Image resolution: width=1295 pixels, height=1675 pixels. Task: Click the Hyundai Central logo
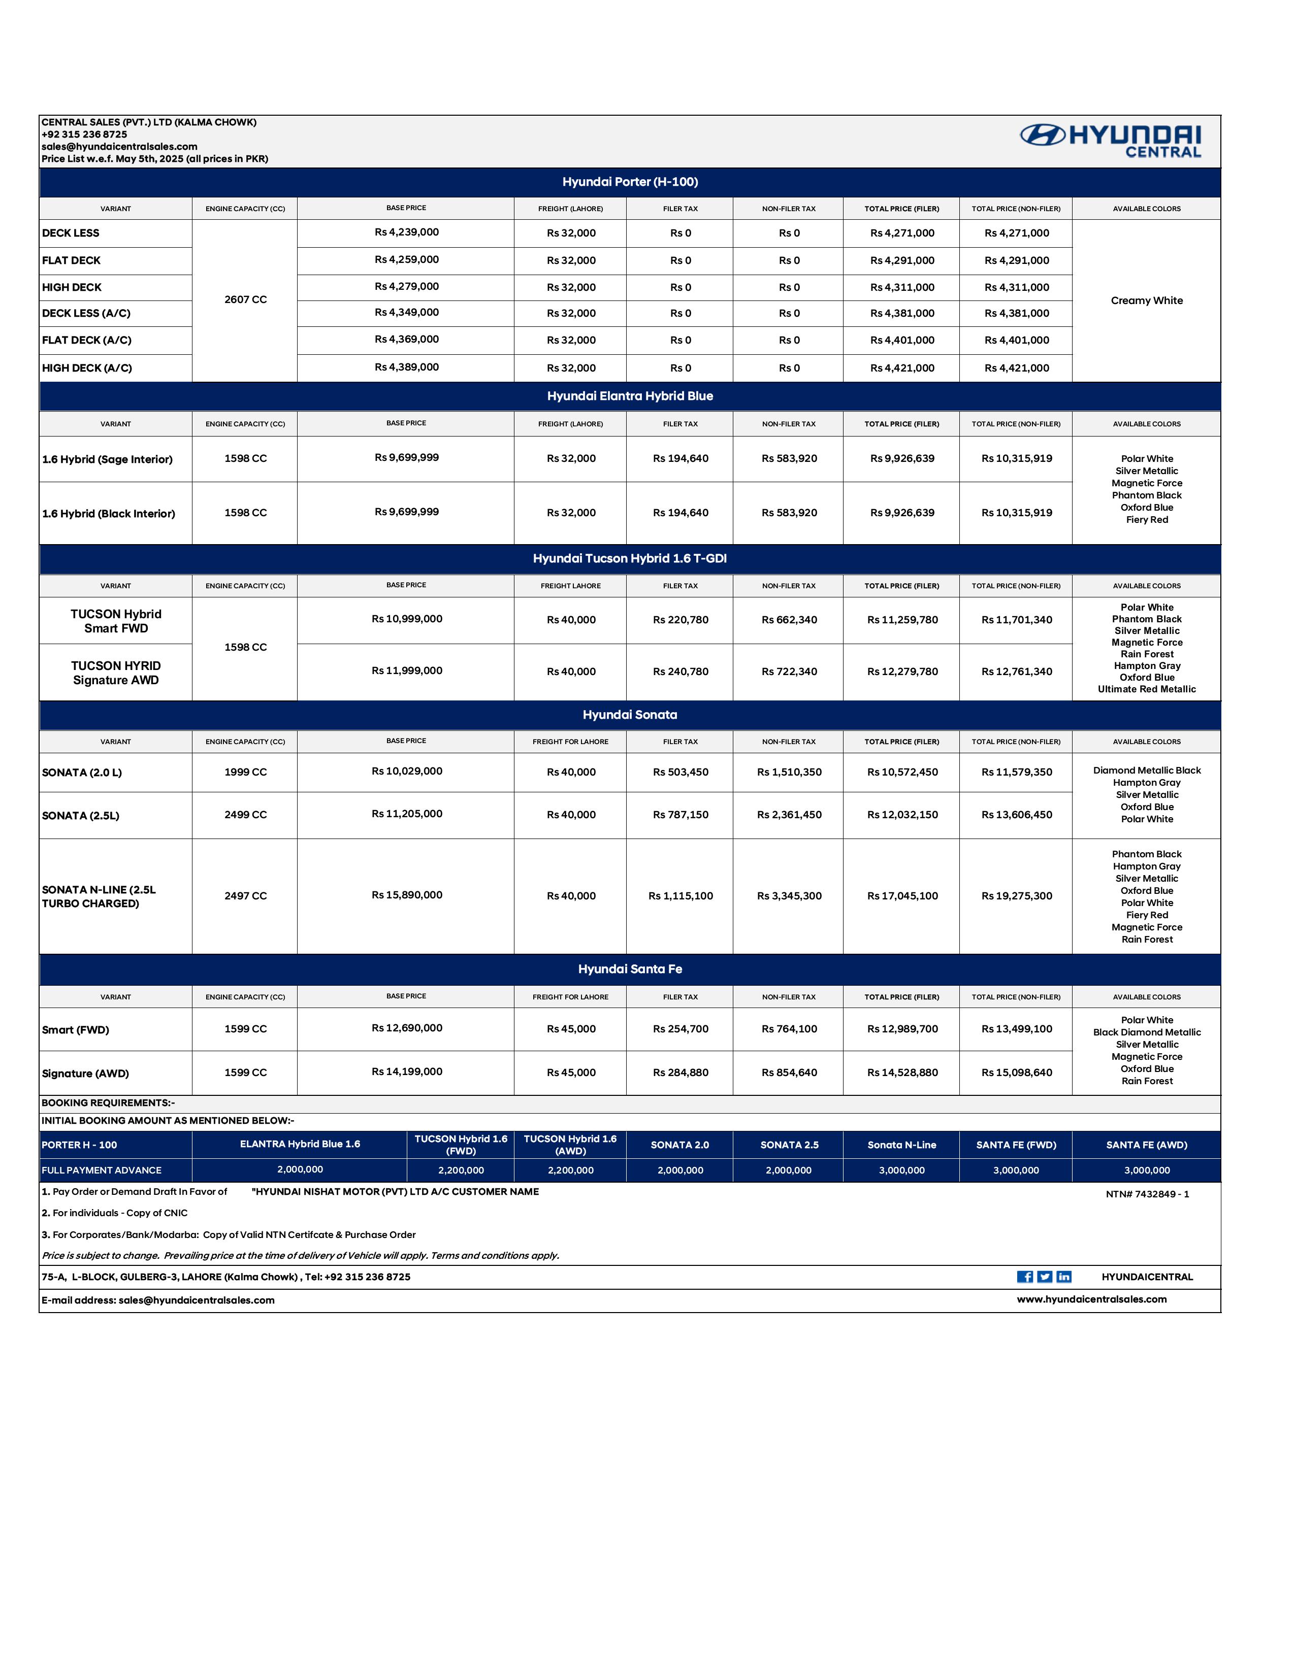pos(1110,141)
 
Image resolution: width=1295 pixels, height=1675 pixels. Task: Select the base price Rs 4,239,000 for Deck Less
pos(407,232)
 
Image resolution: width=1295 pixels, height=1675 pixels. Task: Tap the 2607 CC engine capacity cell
pos(245,300)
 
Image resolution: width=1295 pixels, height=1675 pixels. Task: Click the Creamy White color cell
pos(1146,300)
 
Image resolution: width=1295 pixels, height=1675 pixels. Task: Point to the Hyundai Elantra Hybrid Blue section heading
pos(630,396)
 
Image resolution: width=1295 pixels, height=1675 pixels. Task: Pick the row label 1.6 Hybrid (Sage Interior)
pos(107,459)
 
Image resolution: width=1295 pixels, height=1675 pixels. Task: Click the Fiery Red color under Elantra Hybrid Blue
pos(1147,520)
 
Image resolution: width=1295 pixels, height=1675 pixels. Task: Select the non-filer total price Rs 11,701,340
pos(1017,620)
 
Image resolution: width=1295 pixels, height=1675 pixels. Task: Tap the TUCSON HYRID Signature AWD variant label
pos(116,673)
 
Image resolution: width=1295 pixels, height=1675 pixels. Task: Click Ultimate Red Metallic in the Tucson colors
pos(1146,689)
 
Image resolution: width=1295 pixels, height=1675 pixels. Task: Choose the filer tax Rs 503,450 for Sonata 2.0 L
pos(681,773)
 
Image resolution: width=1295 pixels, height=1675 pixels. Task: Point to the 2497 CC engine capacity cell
pos(245,896)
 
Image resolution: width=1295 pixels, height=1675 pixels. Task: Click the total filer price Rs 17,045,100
pos(902,896)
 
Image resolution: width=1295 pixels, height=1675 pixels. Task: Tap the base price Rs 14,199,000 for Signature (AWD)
pos(407,1072)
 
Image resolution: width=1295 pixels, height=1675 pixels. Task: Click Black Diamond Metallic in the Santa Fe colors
pos(1147,1032)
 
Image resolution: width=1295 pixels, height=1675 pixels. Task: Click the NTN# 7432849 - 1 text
pos(1147,1194)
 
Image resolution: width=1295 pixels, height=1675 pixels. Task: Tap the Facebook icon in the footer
pos(1024,1277)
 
